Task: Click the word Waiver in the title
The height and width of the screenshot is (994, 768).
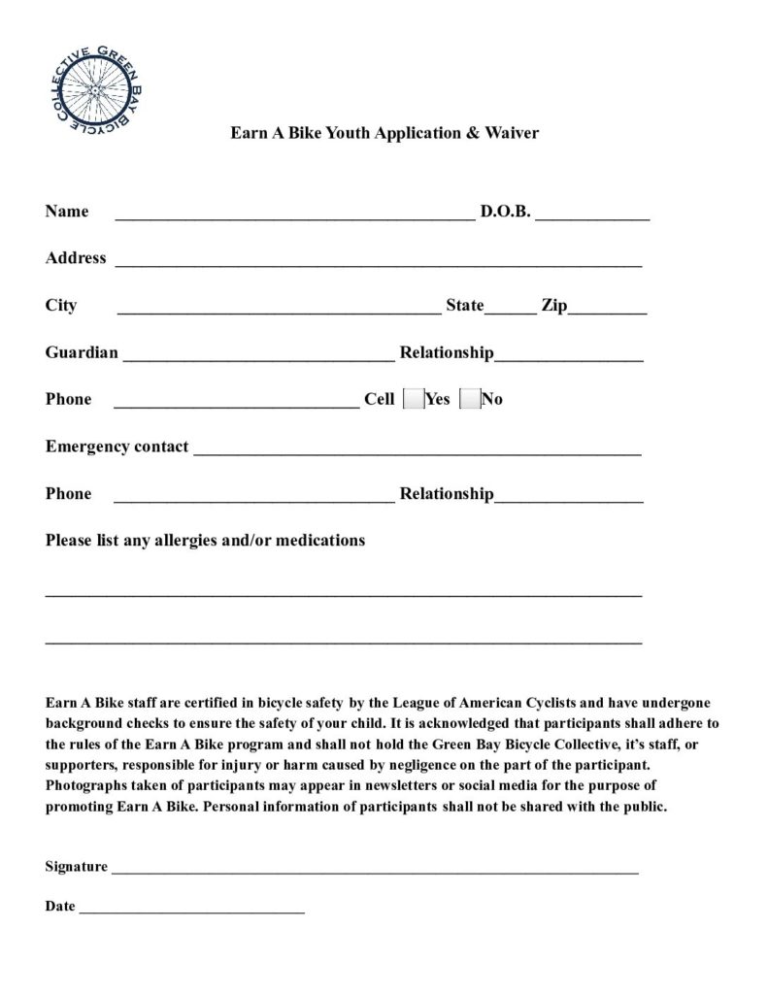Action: (509, 132)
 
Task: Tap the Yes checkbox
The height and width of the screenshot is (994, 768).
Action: (413, 399)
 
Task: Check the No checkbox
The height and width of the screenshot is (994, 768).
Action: (469, 399)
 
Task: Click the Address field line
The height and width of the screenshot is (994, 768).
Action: (379, 263)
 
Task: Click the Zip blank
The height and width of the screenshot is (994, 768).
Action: (608, 312)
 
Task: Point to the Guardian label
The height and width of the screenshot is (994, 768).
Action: (82, 352)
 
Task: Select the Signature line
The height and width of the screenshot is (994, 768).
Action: (375, 872)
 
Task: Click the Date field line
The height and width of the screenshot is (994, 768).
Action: (191, 911)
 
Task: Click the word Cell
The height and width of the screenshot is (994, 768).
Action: (379, 399)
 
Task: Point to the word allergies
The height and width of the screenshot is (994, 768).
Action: (171, 540)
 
